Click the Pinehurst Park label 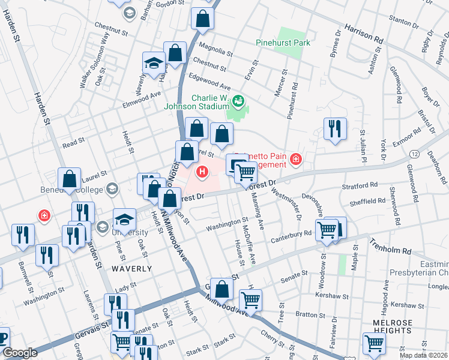point(283,43)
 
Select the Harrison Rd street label point(363,33)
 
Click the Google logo point(20,353)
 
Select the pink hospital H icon point(202,173)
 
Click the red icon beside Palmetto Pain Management point(295,159)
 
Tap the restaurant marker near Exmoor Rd point(334,129)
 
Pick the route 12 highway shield point(415,155)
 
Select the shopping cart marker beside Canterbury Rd point(327,229)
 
